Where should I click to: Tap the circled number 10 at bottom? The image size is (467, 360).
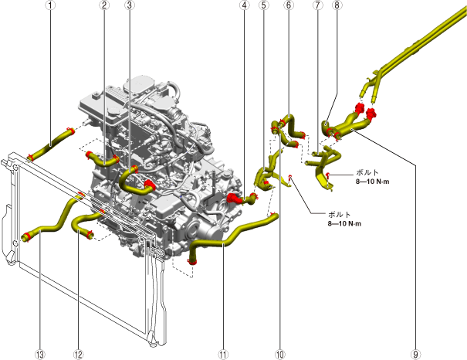point(279,355)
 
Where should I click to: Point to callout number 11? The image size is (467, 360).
point(223,355)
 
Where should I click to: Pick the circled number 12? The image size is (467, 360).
point(77,355)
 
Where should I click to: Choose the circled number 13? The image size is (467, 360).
point(41,355)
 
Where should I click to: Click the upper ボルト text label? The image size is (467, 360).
point(367,173)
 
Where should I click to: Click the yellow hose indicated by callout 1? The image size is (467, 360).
point(52,143)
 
